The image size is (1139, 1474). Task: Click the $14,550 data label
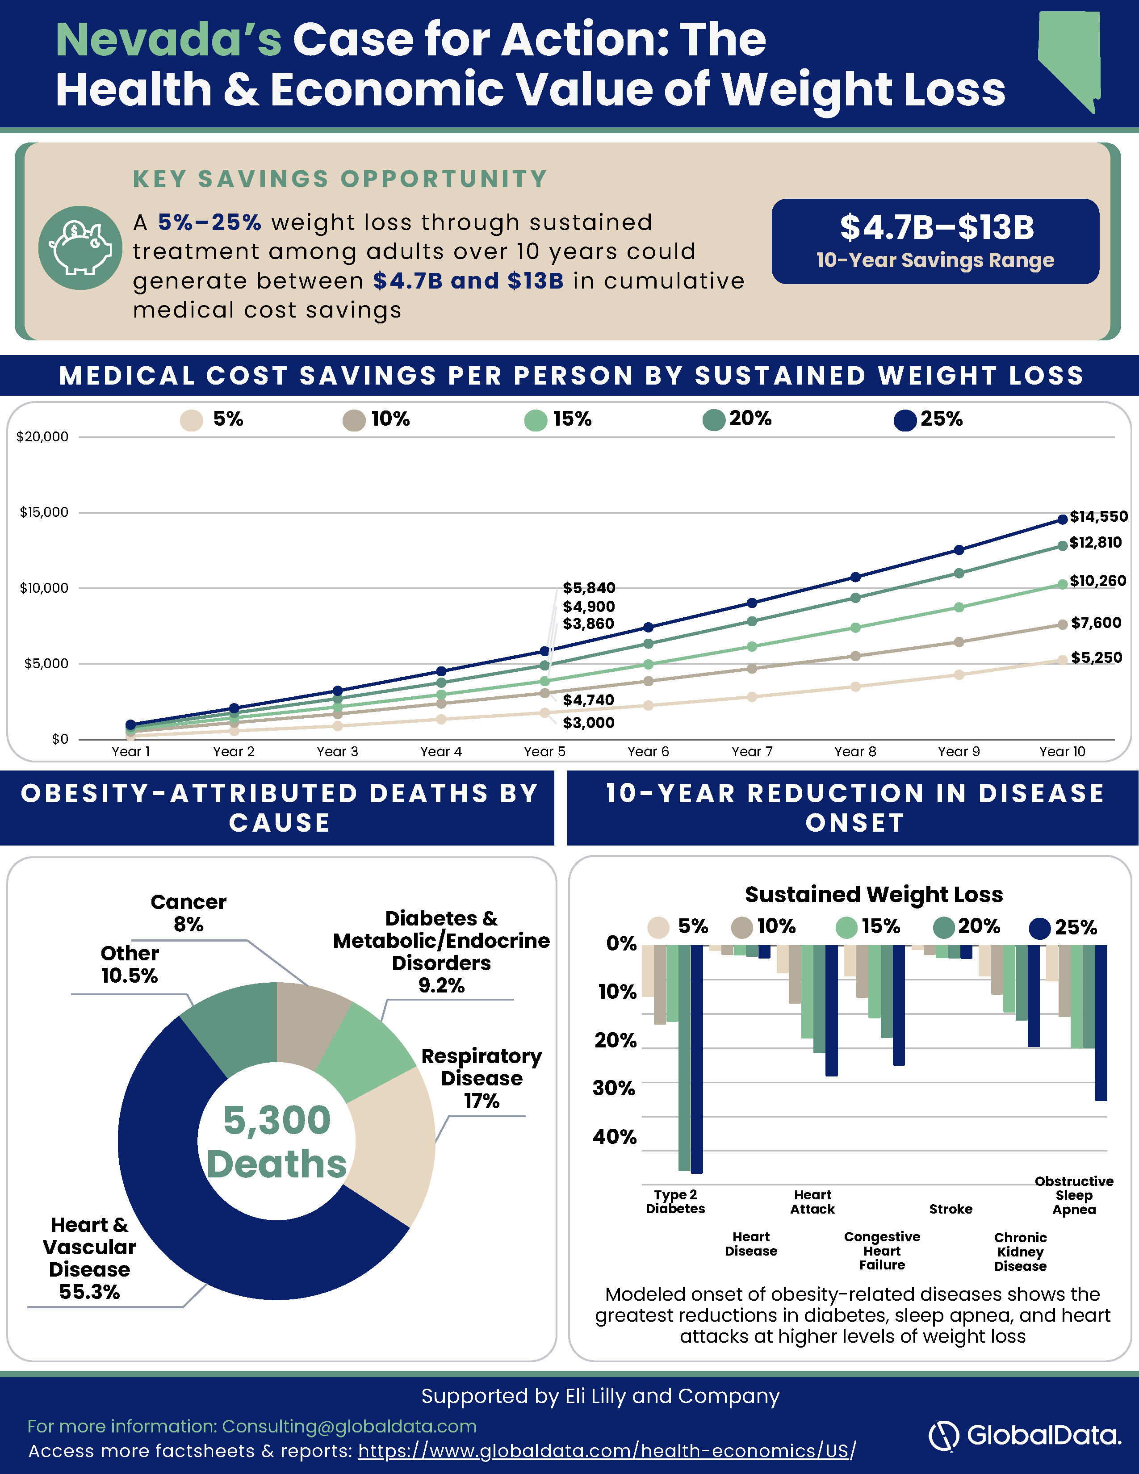1098,516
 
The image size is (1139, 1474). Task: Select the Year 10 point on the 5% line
1062,660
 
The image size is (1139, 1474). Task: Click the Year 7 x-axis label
752,751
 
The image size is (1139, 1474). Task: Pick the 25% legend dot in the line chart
905,420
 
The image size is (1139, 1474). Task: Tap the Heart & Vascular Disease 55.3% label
89,1258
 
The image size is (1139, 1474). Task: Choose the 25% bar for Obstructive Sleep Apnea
1101,1022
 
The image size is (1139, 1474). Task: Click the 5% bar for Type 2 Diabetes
648,971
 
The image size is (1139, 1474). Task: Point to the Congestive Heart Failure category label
882,1251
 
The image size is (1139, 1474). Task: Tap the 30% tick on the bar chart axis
614,1088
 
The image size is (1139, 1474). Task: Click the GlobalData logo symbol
943,1436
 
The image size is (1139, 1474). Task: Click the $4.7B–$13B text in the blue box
937,227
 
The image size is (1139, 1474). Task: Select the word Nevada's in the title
169,39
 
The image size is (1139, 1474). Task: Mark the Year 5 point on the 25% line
544,651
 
